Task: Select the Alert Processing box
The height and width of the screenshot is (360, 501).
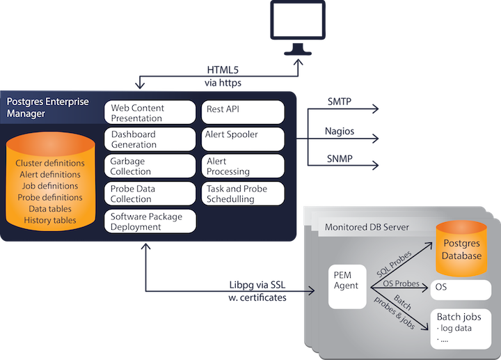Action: pos(244,166)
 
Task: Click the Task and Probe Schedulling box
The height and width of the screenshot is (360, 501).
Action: pos(244,194)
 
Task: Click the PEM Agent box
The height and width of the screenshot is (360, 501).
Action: pos(347,285)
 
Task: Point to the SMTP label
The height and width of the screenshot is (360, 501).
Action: pos(340,102)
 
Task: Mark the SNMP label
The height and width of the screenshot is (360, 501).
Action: pos(340,159)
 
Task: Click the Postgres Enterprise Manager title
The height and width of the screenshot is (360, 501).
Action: pos(48,107)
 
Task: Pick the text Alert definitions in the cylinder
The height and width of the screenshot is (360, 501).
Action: pos(49,175)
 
